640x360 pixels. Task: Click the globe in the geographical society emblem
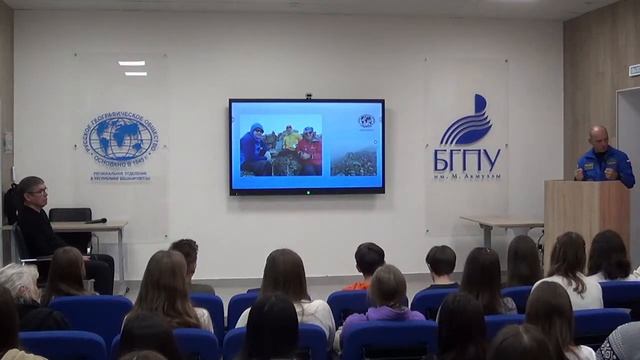tap(121, 139)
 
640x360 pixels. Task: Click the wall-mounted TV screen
tap(306, 145)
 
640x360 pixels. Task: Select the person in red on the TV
tap(309, 151)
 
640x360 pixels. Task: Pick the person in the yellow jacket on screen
tap(289, 138)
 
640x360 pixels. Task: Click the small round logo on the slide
tap(366, 121)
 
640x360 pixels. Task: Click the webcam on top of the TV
tap(308, 96)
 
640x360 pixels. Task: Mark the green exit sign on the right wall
tap(634, 70)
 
